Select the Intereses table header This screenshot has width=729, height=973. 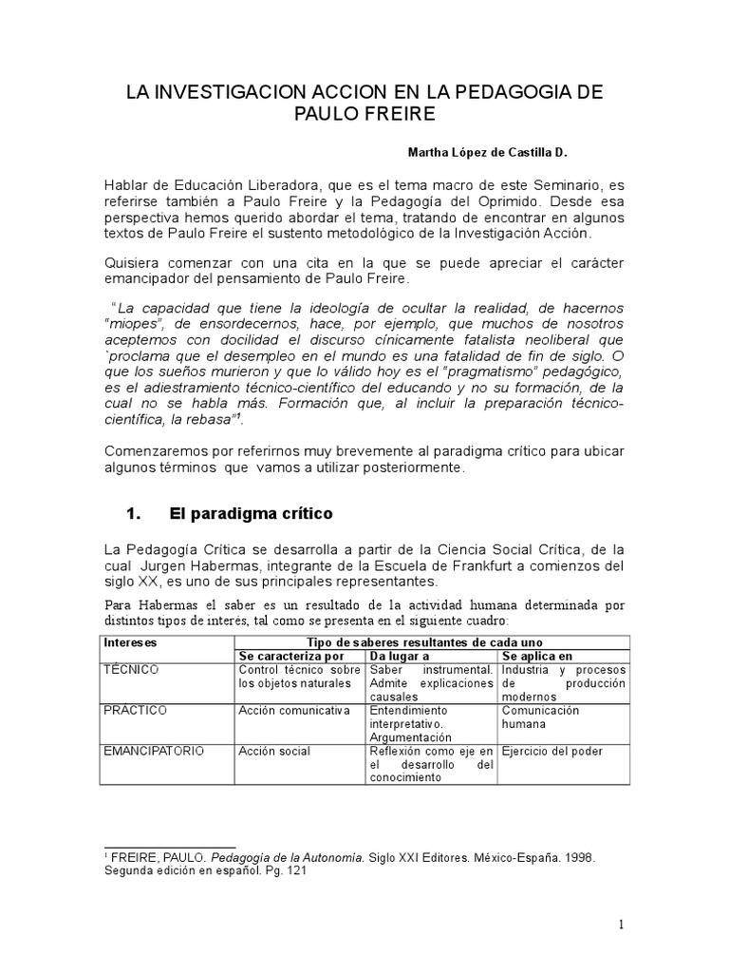tap(132, 642)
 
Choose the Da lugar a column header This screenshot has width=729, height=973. tap(402, 656)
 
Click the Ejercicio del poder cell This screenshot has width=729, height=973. tap(552, 751)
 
